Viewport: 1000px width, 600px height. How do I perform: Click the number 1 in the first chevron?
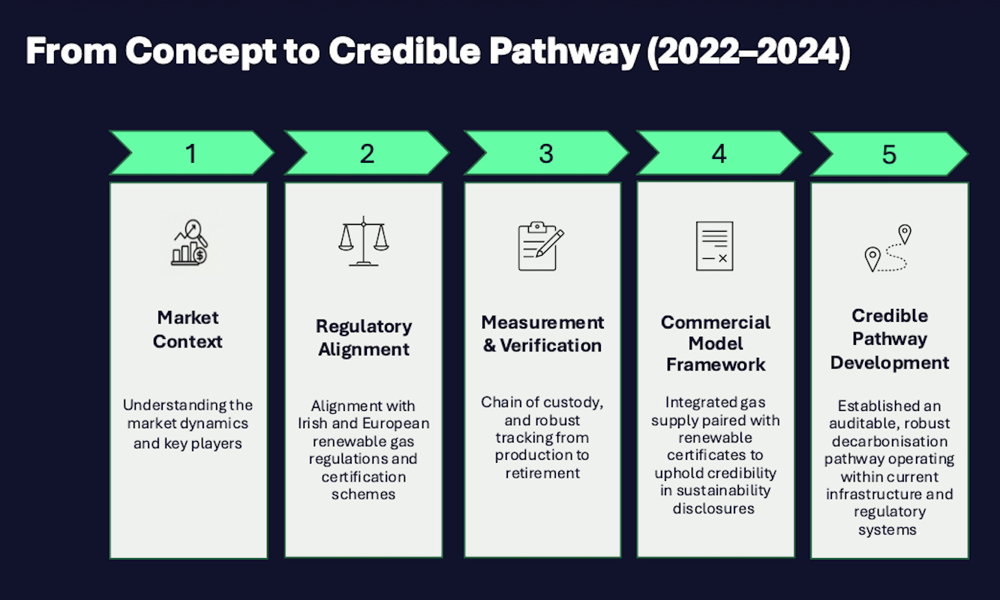[191, 154]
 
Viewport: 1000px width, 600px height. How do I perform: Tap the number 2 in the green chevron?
[367, 154]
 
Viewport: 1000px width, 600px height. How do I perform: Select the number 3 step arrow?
[545, 154]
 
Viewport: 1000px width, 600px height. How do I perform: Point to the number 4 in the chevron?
[719, 154]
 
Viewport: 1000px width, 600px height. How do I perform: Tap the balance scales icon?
[364, 241]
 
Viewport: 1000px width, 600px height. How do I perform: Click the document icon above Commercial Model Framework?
[714, 245]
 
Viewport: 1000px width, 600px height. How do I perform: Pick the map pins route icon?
[888, 248]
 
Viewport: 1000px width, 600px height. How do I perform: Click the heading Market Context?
[188, 329]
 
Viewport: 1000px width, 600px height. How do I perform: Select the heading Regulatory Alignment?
[364, 337]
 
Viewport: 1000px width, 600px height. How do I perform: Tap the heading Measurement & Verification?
[542, 334]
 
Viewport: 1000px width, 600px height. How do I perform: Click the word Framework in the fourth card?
[716, 364]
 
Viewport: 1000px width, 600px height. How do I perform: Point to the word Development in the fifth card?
[890, 363]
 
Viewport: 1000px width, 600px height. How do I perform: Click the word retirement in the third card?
[542, 473]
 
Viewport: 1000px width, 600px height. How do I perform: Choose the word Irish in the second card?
[312, 424]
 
